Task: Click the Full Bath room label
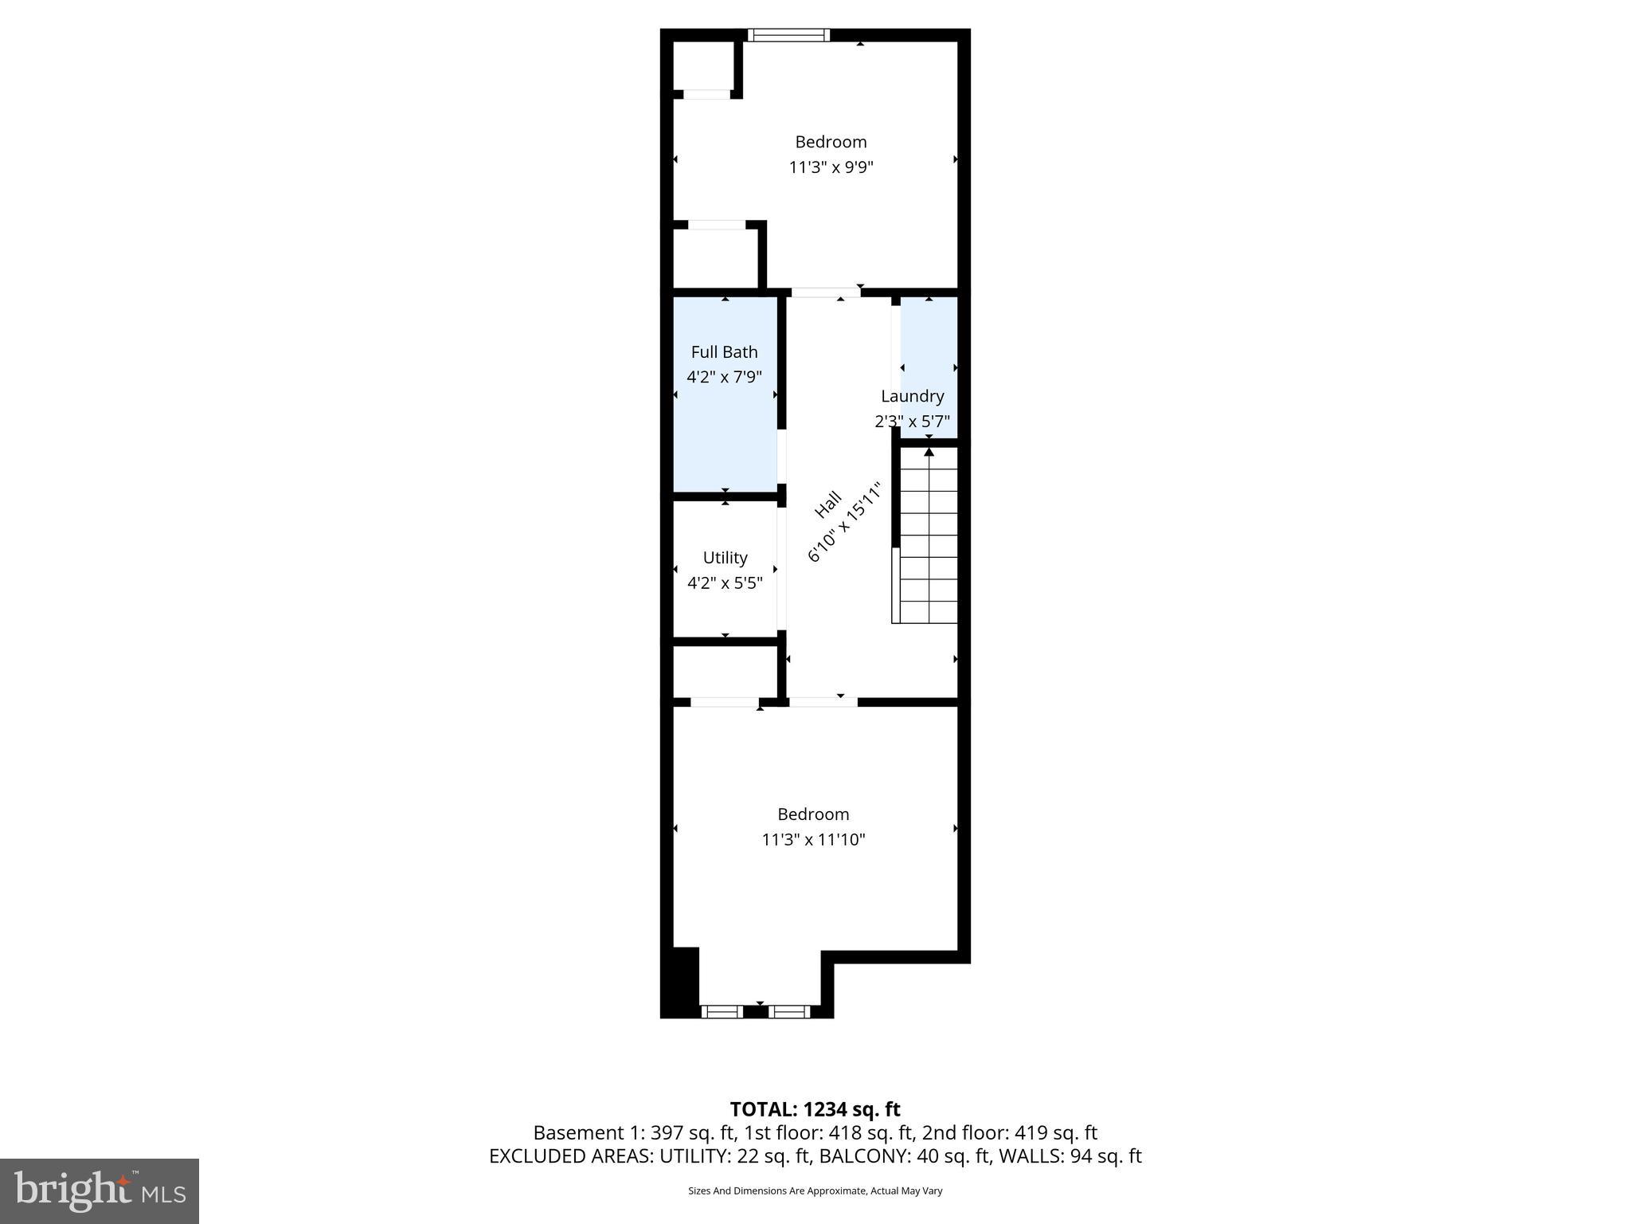(724, 351)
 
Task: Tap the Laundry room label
(912, 396)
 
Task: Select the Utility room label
(725, 558)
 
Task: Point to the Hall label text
(827, 504)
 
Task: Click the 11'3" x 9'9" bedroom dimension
(831, 167)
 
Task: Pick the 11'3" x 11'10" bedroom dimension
(813, 839)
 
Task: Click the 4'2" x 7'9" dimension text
(724, 376)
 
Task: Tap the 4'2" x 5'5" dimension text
(725, 583)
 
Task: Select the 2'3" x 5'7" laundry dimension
(912, 421)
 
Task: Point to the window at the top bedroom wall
(788, 35)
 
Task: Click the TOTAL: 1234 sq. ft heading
(815, 1109)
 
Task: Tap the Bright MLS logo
(100, 1191)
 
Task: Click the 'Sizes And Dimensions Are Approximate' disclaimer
(815, 1191)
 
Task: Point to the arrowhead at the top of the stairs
(929, 452)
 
